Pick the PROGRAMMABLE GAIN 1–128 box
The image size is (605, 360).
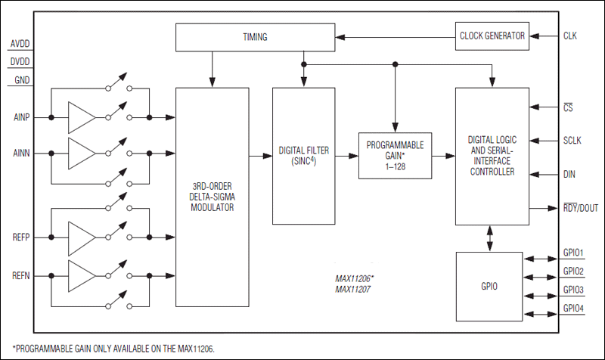pos(395,154)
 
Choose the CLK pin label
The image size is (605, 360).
pos(572,35)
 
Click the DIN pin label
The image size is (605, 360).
pos(570,174)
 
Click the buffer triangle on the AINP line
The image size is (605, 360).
pos(82,117)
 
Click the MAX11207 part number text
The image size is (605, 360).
pos(354,289)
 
